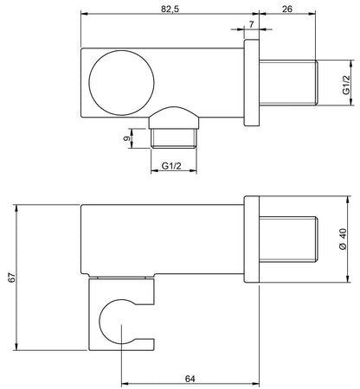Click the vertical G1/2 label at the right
pos(344,82)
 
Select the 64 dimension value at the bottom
pos(190,379)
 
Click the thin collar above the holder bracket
pos(125,278)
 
